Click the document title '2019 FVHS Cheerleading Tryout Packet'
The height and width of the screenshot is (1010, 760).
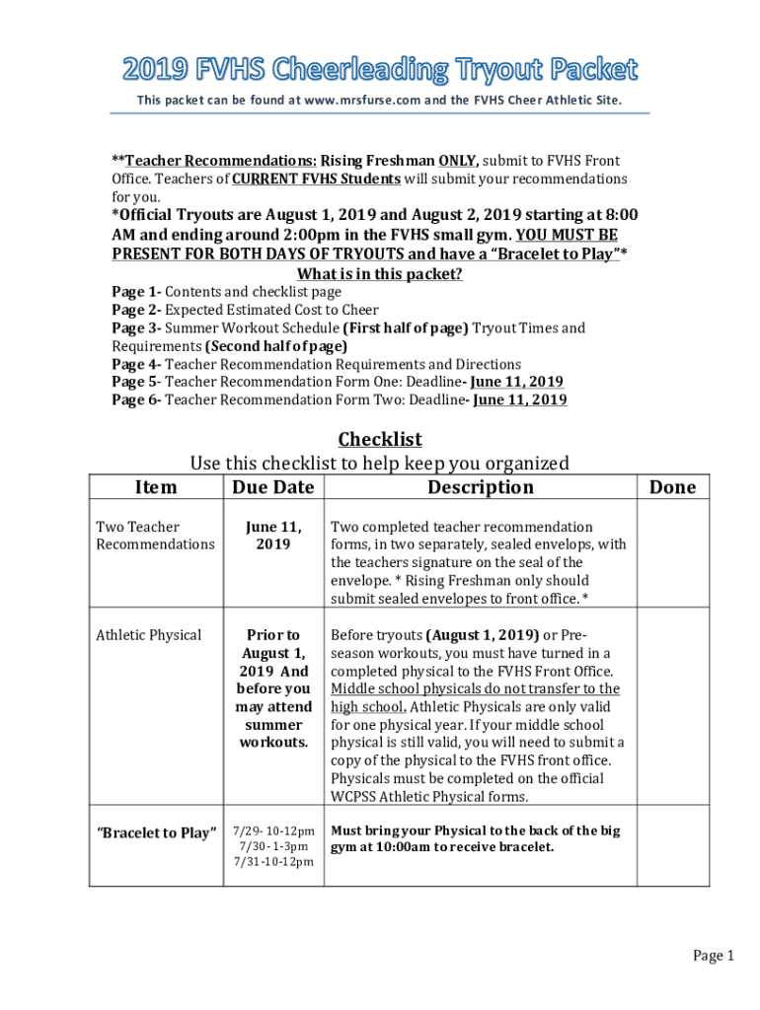[380, 69]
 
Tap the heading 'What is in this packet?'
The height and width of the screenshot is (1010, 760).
[380, 274]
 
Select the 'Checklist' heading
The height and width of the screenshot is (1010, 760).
[380, 439]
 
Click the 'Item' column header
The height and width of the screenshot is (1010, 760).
[155, 487]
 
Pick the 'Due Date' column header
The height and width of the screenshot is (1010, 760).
[272, 487]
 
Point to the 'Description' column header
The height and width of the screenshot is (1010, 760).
[480, 487]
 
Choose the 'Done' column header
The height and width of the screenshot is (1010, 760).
[672, 487]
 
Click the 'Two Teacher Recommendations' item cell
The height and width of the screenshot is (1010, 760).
[154, 536]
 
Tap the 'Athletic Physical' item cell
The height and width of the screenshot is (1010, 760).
[148, 634]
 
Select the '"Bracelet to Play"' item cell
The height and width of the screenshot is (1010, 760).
[156, 833]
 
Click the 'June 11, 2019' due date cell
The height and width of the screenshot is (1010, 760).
[272, 536]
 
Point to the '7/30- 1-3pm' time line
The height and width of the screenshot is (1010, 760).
[272, 846]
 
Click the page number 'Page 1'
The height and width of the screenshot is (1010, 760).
[713, 955]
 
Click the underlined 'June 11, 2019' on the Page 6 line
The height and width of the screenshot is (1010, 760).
[520, 399]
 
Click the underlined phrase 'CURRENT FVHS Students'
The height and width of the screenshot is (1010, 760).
[316, 179]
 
